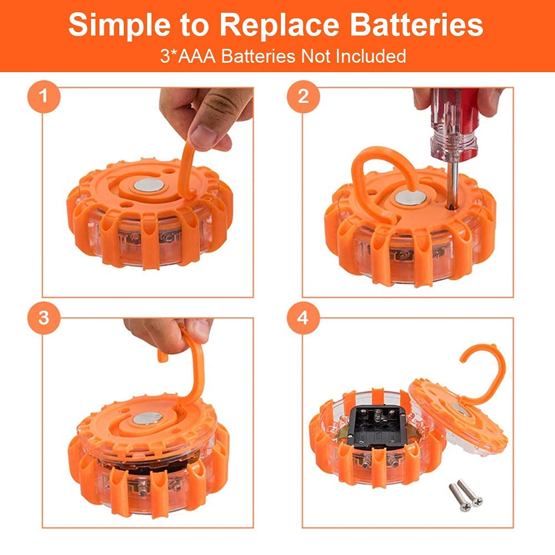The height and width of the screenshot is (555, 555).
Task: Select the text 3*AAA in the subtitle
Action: pyautogui.click(x=184, y=56)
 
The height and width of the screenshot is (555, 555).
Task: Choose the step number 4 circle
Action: pyautogui.click(x=303, y=319)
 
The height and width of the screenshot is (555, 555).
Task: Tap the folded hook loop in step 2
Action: pyautogui.click(x=377, y=172)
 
